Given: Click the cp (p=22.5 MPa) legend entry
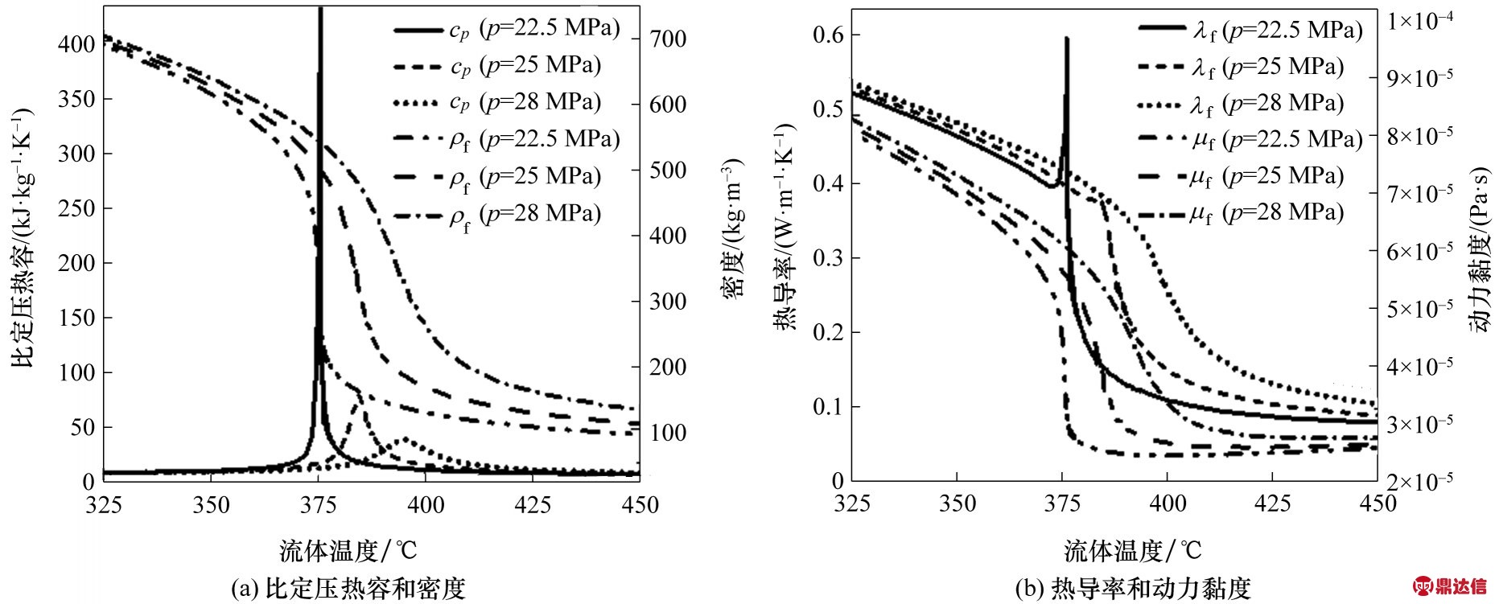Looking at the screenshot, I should point(507,30).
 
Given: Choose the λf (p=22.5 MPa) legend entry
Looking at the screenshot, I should point(1251,31).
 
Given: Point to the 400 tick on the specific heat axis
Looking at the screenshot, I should point(76,44).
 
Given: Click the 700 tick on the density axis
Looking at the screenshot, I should point(668,39).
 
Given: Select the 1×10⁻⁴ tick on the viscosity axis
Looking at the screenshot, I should point(1419,20).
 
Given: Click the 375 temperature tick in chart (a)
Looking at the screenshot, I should point(318,505).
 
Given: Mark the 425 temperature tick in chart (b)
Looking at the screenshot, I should point(1273,504).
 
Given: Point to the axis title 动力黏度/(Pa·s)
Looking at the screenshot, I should point(1479,249).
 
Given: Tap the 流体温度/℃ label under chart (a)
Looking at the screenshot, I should point(348,551).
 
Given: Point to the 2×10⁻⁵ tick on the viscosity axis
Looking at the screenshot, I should point(1419,482).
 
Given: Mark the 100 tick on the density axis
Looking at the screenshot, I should point(668,433).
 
